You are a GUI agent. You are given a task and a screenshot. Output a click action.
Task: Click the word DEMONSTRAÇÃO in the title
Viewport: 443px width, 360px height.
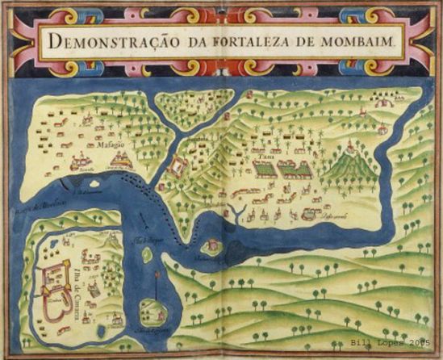click(112, 40)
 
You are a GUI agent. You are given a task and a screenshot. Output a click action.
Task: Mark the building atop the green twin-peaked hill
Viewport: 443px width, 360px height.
click(349, 147)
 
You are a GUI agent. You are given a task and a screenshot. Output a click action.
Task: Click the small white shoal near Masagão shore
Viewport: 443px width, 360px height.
click(120, 162)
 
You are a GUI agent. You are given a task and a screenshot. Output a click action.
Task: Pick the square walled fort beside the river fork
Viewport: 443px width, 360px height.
click(177, 165)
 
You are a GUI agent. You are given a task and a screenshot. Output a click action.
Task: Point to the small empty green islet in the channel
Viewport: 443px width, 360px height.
click(146, 256)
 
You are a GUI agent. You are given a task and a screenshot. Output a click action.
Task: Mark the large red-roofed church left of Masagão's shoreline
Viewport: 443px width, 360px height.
click(80, 164)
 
